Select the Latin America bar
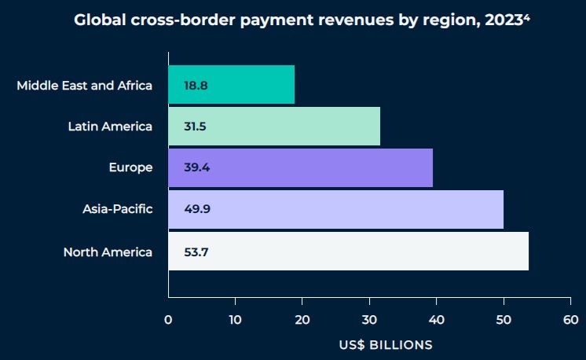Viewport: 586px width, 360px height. [274, 126]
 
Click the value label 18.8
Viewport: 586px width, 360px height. [196, 85]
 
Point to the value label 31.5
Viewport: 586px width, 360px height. [196, 127]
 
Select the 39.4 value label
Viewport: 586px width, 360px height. [196, 167]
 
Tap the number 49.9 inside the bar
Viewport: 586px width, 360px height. [196, 209]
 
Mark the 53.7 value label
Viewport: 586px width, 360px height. [196, 252]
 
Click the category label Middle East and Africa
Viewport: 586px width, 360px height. [84, 85]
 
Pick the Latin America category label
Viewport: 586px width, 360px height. [110, 127]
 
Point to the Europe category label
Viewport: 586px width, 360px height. [130, 167]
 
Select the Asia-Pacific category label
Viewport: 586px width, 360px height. [117, 209]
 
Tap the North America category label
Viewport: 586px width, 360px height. [108, 252]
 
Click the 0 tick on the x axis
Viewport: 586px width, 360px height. [168, 320]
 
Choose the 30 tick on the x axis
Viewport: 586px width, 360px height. [369, 320]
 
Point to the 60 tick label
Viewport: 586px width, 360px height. [570, 320]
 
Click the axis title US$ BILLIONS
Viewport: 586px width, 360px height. [386, 344]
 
